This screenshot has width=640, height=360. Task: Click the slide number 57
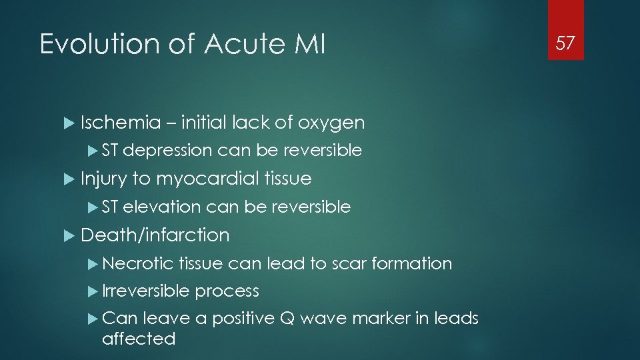(565, 43)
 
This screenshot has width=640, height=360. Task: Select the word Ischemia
(121, 123)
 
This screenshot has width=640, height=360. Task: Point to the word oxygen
(331, 123)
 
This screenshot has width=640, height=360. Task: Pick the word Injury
(104, 179)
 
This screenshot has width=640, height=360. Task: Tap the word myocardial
(208, 179)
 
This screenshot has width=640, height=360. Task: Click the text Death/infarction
(155, 235)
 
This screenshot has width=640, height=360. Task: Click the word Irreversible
(146, 291)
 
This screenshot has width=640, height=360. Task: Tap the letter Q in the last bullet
(288, 319)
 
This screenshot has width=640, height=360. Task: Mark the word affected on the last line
(139, 339)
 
